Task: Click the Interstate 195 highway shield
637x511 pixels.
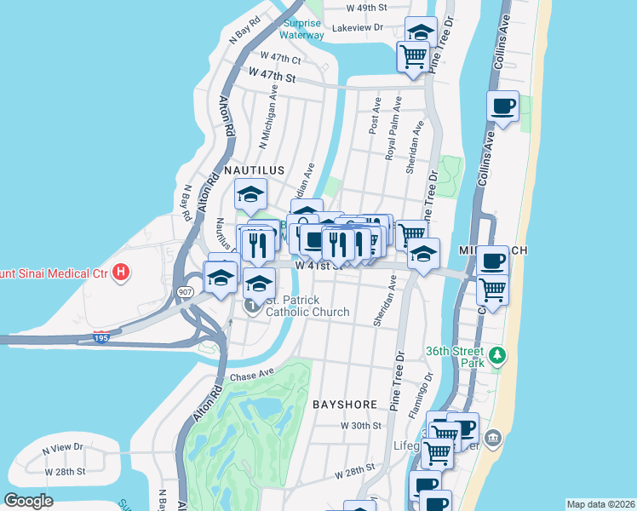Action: [100, 337]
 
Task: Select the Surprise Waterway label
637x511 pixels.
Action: [302, 29]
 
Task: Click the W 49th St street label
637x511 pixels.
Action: [367, 7]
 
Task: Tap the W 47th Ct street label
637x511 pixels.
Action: [280, 60]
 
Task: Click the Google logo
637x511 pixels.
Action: [29, 500]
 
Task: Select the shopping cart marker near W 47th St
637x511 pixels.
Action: [413, 56]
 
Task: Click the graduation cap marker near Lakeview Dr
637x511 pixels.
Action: [420, 32]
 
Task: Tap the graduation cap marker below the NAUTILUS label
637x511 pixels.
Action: [251, 194]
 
